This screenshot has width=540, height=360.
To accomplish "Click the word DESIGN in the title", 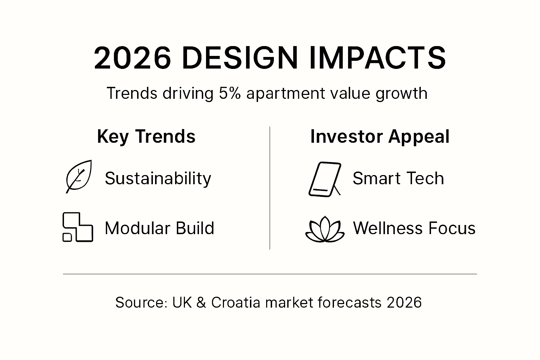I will [240, 58].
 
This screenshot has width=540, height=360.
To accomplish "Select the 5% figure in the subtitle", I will [230, 94].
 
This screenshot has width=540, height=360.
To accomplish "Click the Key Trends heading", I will [146, 136].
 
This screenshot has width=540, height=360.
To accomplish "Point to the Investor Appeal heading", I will [380, 136].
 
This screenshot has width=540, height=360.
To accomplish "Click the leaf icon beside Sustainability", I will [79, 176].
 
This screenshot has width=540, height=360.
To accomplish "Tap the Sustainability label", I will [158, 178].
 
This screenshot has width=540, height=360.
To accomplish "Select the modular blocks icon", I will [78, 227].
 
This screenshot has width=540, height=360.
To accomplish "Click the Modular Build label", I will [159, 228].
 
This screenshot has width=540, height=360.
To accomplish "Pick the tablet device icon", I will [324, 179].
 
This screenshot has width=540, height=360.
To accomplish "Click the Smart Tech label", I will [398, 178].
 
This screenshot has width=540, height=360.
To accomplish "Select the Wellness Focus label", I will [414, 228].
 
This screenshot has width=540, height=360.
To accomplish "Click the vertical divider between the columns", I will [270, 188].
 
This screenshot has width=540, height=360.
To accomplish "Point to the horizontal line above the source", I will [270, 274].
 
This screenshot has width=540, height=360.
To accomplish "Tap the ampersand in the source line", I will [201, 302].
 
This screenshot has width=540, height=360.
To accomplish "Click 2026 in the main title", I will [132, 58].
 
